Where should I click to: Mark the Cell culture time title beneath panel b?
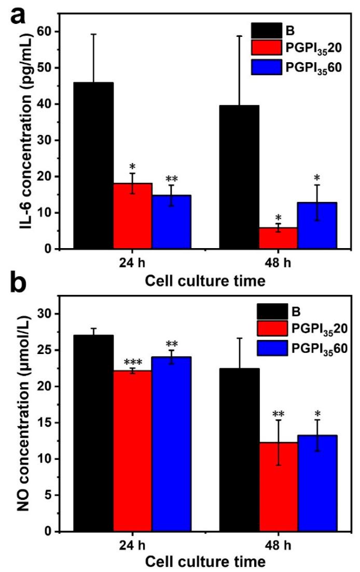point(205,561)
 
